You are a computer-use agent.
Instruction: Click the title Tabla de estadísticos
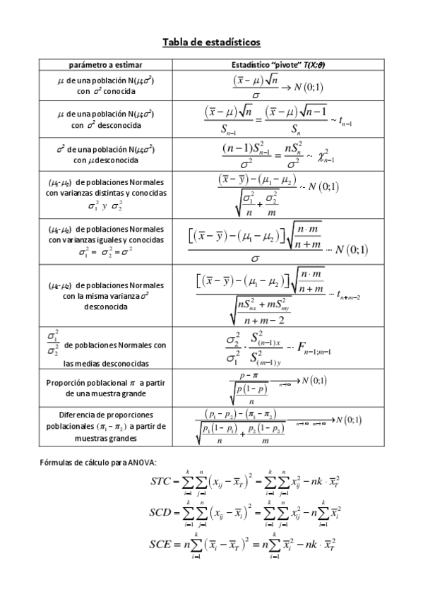point(212,43)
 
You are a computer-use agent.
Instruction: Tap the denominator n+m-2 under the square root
point(263,320)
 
